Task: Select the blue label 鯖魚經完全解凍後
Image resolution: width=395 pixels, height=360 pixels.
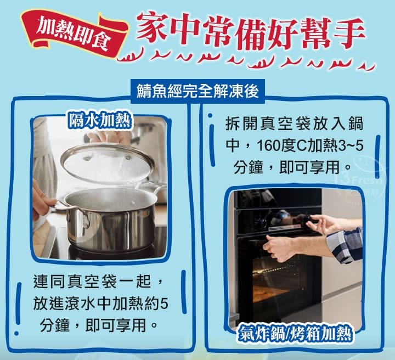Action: click(x=198, y=91)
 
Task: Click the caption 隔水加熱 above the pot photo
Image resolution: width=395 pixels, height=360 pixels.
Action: click(x=100, y=120)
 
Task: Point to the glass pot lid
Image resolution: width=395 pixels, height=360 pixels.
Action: click(x=107, y=163)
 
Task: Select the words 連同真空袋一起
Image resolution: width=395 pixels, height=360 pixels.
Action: click(x=92, y=282)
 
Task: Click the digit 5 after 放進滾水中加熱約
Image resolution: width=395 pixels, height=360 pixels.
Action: click(x=163, y=303)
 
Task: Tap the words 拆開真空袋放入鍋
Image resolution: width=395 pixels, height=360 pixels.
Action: click(x=294, y=123)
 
